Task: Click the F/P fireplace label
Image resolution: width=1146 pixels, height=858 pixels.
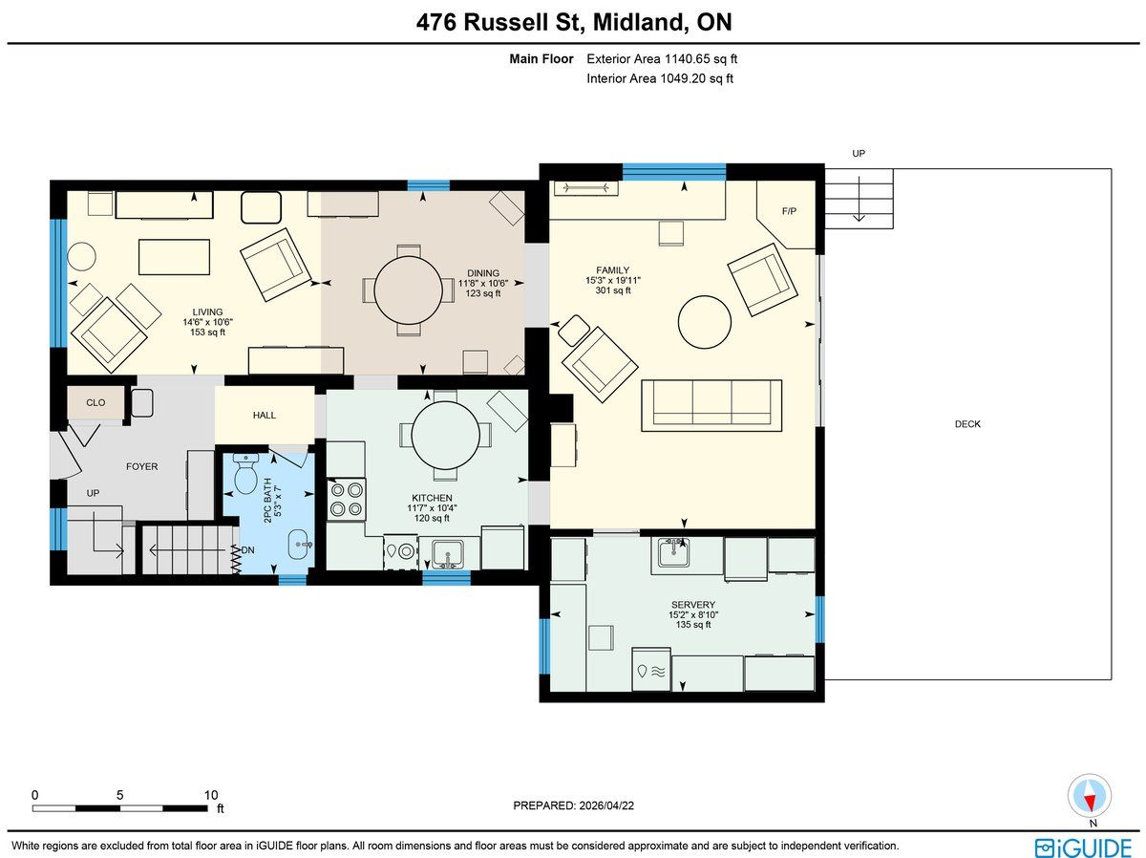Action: tap(789, 211)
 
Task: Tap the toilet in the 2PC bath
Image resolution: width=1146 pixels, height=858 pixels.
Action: tap(245, 473)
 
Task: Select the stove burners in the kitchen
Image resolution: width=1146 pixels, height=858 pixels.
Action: tap(346, 500)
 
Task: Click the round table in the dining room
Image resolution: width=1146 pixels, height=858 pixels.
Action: tap(409, 290)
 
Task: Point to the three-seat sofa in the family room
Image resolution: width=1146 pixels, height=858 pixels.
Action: tap(711, 405)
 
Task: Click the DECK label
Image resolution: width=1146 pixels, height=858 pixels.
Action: tap(967, 424)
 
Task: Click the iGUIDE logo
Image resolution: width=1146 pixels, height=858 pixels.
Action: tap(1083, 847)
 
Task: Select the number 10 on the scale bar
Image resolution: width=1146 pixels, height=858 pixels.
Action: tap(211, 795)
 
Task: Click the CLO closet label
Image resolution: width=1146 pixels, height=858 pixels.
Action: tap(95, 402)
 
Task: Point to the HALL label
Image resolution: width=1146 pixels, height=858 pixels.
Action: tap(265, 416)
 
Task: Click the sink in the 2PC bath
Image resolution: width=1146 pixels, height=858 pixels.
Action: tap(299, 545)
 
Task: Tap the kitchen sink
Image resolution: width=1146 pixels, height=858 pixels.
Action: tap(448, 553)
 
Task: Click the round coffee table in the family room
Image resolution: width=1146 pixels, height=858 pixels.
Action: tap(704, 322)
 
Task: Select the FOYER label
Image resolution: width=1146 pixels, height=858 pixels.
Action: tap(141, 466)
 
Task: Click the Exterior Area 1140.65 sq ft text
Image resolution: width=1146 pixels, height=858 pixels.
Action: tap(662, 59)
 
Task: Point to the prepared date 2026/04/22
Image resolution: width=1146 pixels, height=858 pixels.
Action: tap(605, 805)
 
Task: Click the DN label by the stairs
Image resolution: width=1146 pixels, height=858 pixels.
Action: tap(247, 550)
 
